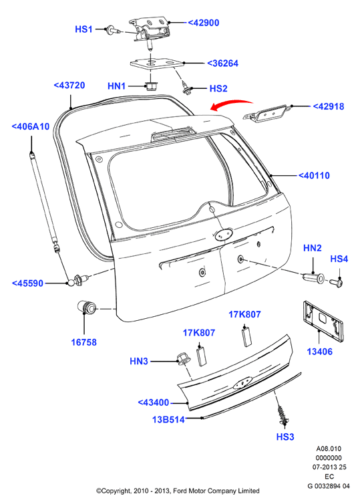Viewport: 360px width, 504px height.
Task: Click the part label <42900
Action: point(203,23)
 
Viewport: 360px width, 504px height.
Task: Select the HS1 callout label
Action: point(83,29)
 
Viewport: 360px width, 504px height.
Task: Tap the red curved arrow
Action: point(231,104)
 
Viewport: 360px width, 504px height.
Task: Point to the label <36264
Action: point(222,64)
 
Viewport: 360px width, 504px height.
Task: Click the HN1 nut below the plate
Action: point(150,86)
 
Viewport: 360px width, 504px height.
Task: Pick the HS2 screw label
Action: point(218,88)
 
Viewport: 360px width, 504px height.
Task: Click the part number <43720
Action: point(69,86)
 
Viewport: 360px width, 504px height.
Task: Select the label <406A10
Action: point(31,126)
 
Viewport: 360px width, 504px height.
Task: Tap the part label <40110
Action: point(314,176)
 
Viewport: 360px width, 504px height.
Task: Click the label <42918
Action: point(328,106)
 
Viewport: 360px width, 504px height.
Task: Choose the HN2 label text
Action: point(313,248)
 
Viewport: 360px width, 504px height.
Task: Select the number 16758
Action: point(83,342)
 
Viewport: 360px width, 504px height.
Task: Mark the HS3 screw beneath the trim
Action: point(283,414)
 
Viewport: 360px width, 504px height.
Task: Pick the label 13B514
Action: point(168,420)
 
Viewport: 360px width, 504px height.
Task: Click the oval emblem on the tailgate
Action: point(224,235)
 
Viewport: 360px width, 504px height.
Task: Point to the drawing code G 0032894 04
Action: point(329,486)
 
